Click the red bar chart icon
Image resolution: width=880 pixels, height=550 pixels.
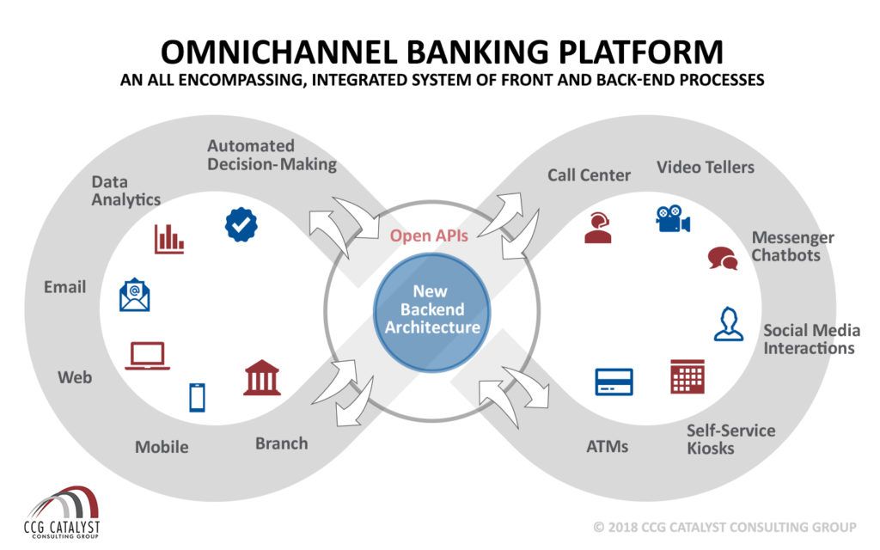pyautogui.click(x=169, y=239)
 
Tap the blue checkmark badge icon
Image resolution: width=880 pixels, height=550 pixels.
pyautogui.click(x=241, y=224)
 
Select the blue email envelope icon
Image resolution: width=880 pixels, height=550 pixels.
pyautogui.click(x=135, y=295)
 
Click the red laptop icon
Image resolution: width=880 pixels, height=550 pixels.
pyautogui.click(x=147, y=356)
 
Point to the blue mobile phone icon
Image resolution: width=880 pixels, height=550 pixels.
pyautogui.click(x=197, y=397)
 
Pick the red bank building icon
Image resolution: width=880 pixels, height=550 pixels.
pyautogui.click(x=262, y=378)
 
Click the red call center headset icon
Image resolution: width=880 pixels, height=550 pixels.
pyautogui.click(x=598, y=228)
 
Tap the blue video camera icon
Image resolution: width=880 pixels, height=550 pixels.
pyautogui.click(x=672, y=219)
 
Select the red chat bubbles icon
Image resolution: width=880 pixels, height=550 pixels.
pyautogui.click(x=723, y=258)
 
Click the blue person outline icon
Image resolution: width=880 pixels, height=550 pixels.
pyautogui.click(x=729, y=324)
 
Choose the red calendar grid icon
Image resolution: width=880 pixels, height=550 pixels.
pyautogui.click(x=687, y=376)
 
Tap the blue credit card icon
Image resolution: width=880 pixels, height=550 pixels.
pyautogui.click(x=614, y=382)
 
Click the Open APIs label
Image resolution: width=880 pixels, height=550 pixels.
pyautogui.click(x=429, y=235)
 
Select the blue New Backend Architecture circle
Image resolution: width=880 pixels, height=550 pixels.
pyautogui.click(x=432, y=312)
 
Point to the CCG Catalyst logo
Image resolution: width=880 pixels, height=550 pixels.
pyautogui.click(x=62, y=512)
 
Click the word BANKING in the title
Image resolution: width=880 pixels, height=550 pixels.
pyautogui.click(x=477, y=52)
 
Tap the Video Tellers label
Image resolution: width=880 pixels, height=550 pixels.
pyautogui.click(x=706, y=168)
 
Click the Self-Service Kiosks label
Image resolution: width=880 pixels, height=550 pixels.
pyautogui.click(x=730, y=439)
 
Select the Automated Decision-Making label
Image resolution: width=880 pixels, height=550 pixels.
pyautogui.click(x=272, y=155)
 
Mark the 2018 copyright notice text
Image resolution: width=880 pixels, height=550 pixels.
pyautogui.click(x=725, y=527)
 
